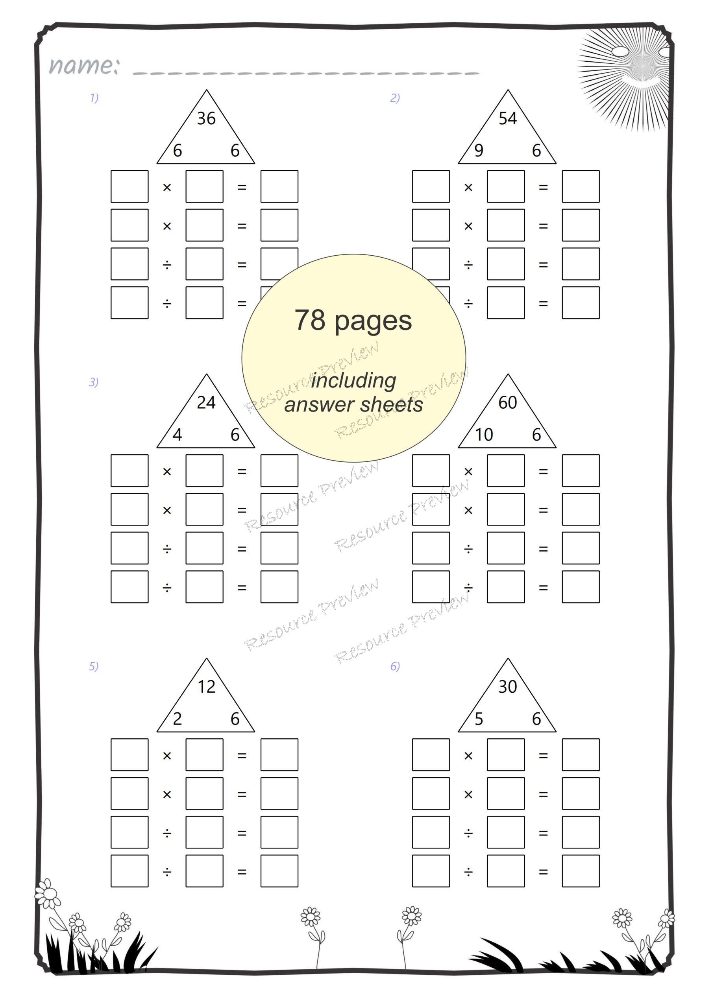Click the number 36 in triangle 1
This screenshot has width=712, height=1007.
tap(206, 118)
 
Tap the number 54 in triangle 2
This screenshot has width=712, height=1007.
tap(507, 118)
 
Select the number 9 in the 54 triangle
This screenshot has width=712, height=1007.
tap(479, 150)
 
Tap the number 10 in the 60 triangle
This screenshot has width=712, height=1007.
tap(484, 435)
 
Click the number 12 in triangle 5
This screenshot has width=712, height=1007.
tap(206, 687)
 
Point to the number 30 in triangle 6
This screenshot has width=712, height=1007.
tap(507, 687)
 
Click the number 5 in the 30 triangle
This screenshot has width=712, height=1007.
tap(479, 719)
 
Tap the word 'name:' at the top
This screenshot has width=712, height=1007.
tap(83, 66)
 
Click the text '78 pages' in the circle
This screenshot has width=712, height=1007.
tap(353, 320)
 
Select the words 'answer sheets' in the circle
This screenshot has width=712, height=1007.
tap(353, 404)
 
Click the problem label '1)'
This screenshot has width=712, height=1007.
tap(94, 98)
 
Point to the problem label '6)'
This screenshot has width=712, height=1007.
tap(395, 666)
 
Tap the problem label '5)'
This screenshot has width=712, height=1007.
tap(94, 666)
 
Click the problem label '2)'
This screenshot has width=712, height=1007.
tap(395, 98)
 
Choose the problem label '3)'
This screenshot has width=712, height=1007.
tap(94, 382)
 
